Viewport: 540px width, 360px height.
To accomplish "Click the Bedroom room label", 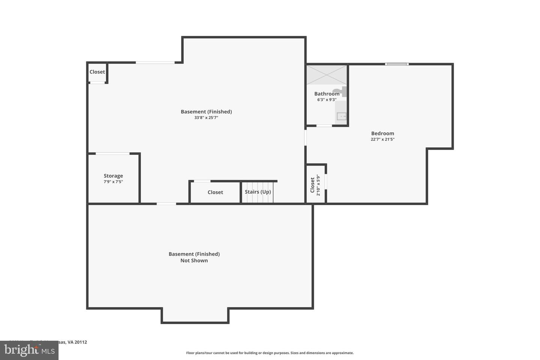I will [x=382, y=133].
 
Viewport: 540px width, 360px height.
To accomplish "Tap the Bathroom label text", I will [x=327, y=94].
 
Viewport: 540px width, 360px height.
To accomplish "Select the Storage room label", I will [x=113, y=176].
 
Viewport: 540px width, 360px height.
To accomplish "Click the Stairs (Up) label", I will [x=258, y=192].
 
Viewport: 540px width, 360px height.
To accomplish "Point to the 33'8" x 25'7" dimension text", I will [x=206, y=118].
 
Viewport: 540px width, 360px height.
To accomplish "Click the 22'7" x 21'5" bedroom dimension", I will [x=382, y=139].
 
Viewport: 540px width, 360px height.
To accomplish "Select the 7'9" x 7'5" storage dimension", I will [x=113, y=182].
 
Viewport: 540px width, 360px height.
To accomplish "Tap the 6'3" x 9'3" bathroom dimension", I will [x=327, y=100].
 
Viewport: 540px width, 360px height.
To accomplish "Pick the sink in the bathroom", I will [x=341, y=116].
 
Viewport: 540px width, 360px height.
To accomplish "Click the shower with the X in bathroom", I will [x=327, y=75].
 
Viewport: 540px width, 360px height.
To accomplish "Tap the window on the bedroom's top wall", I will [x=397, y=64].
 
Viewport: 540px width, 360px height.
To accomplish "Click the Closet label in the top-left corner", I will [x=97, y=72].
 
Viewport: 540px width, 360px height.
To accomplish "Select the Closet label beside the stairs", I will [x=215, y=192].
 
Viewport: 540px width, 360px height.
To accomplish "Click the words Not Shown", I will [x=194, y=261].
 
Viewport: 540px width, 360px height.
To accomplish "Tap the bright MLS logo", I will [x=29, y=350].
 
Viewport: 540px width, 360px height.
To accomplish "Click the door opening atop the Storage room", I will [x=112, y=153].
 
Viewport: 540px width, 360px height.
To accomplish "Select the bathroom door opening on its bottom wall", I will [x=324, y=126].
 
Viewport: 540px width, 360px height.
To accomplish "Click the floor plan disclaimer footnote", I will [x=270, y=353].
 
